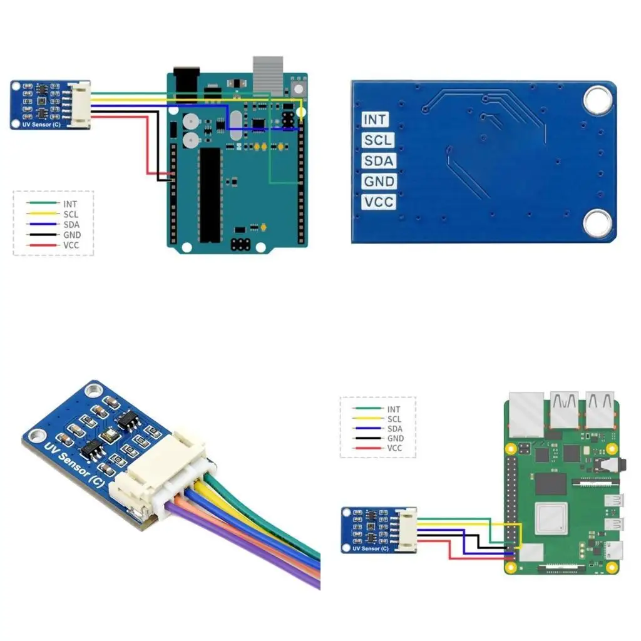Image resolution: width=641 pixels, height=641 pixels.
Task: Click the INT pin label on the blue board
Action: [x=375, y=119]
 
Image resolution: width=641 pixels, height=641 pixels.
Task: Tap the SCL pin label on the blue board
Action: [x=379, y=140]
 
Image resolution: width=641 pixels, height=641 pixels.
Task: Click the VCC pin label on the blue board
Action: [x=379, y=202]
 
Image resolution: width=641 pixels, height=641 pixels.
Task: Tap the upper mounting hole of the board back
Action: [x=597, y=100]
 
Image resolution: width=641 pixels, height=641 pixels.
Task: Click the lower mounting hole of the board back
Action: [x=597, y=223]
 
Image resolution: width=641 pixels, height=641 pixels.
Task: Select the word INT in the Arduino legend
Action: [x=70, y=203]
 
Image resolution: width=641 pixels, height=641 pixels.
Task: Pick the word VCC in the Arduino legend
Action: [x=71, y=245]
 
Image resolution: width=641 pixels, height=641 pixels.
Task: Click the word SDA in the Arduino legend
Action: [x=71, y=224]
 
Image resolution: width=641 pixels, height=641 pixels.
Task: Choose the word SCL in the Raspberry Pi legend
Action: [x=394, y=419]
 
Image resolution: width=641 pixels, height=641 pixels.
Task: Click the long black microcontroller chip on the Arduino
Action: [x=210, y=195]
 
